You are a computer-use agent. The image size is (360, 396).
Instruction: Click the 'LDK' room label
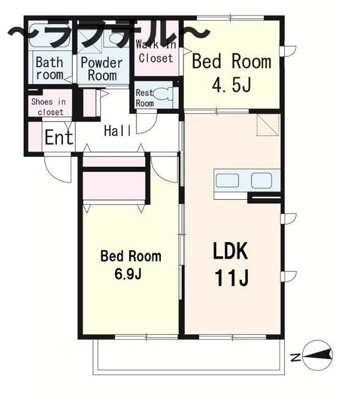(x=230, y=251)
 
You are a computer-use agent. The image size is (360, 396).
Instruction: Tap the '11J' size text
(x=231, y=278)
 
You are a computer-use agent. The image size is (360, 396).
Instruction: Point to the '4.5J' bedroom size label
(x=231, y=85)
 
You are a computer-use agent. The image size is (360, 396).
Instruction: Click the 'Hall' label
(x=116, y=131)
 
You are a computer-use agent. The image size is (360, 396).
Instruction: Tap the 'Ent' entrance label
(x=58, y=137)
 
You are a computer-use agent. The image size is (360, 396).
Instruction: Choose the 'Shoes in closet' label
(x=48, y=107)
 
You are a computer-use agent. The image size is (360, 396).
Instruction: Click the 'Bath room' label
(x=49, y=68)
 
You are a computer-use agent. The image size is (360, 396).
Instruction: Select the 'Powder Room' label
(x=102, y=68)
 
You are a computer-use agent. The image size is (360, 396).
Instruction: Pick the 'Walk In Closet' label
(x=156, y=51)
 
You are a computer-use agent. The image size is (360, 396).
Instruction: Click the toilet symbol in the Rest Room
(x=163, y=94)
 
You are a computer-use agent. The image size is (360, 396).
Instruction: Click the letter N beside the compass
(x=295, y=357)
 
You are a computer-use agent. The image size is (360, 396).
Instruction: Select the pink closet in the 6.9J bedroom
(x=114, y=185)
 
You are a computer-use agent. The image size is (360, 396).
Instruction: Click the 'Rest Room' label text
(x=144, y=98)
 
